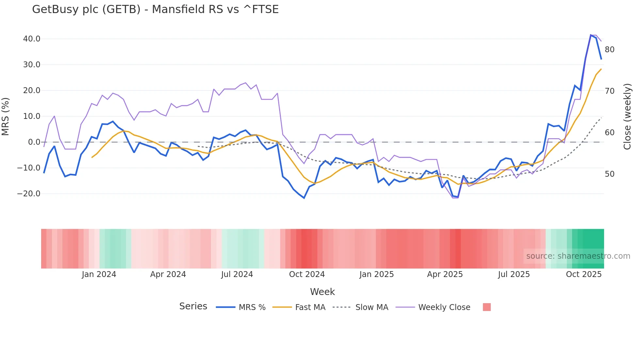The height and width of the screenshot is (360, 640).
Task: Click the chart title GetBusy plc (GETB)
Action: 155,9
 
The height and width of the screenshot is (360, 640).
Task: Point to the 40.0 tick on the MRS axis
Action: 32,39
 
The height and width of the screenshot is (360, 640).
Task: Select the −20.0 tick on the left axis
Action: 29,194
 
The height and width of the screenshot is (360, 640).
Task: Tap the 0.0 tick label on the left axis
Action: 34,142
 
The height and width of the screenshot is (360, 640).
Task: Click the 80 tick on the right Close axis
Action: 609,50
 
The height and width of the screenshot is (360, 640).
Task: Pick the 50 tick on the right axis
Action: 609,174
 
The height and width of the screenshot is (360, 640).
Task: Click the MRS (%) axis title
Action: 6,116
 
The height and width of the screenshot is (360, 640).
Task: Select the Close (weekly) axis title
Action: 627,116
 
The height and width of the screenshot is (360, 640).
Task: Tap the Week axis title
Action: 322,292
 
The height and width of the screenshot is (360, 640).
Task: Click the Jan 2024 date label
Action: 99,274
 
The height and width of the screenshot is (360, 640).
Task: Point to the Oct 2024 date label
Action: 307,274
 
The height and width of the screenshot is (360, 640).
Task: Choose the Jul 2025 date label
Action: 514,274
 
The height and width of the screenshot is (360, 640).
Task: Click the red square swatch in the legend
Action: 487,307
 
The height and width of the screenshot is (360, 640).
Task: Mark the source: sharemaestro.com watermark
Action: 578,256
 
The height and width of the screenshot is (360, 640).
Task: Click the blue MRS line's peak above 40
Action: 591,35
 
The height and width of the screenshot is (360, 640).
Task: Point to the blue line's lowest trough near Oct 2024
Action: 304,198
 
